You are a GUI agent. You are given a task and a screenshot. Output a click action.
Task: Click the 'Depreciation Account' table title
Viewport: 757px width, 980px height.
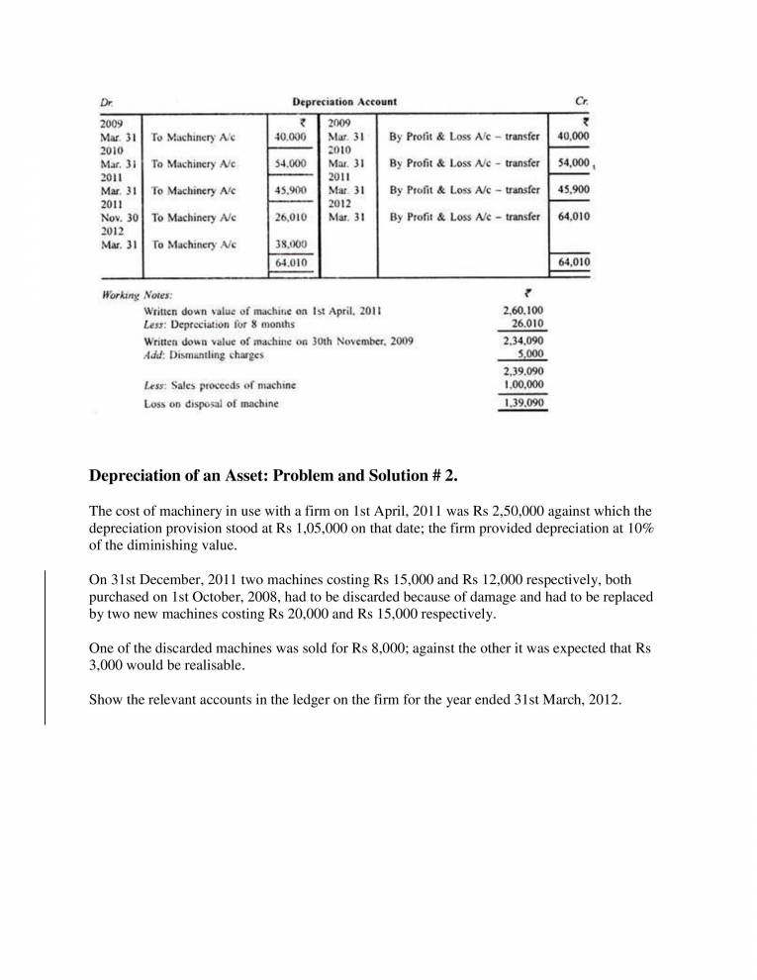[x=344, y=102]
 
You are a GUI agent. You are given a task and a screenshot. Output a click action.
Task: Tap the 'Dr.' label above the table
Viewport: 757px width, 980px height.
[x=106, y=102]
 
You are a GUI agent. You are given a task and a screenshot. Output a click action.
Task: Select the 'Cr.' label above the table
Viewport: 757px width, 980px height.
[x=581, y=102]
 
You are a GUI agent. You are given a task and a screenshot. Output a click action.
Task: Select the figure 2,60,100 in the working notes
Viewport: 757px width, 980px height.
[x=524, y=311]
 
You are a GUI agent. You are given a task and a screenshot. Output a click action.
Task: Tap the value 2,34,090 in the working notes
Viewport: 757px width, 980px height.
[x=524, y=341]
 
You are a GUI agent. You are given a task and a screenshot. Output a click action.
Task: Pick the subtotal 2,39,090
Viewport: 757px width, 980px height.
[x=524, y=372]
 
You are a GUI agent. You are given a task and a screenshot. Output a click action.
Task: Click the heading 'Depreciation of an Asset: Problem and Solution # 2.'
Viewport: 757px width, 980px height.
[x=273, y=476]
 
